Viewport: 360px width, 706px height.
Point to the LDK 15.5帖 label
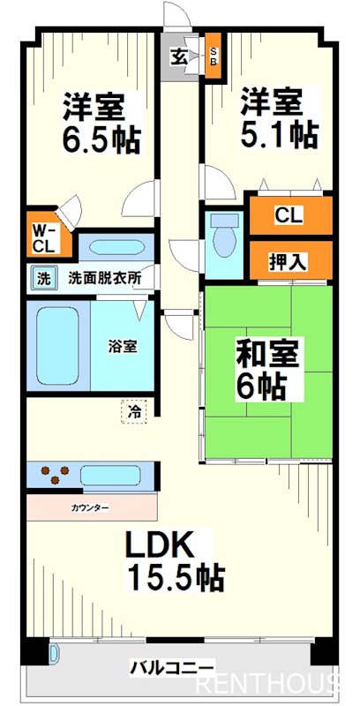point(174,561)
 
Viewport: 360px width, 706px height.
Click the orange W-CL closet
point(41,237)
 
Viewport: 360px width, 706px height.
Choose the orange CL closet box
point(289,215)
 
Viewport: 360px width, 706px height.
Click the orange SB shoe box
point(214,58)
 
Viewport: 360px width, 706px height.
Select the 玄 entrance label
point(179,58)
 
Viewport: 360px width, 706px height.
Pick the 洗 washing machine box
point(42,279)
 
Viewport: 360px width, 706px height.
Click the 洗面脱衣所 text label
point(105,278)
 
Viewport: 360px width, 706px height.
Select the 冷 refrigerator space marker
point(134,409)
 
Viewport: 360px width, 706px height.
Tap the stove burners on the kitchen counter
point(52,475)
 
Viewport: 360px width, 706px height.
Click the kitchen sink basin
point(109,475)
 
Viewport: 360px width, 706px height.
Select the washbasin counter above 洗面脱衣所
point(115,248)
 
